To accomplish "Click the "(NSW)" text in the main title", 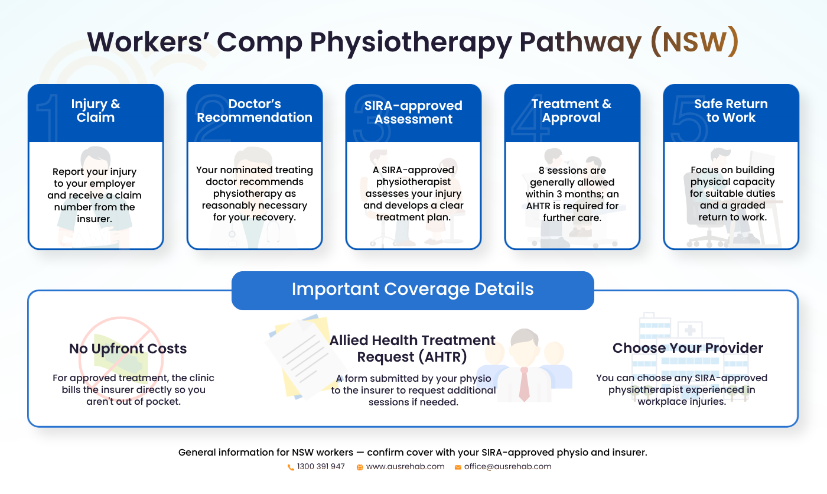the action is (694, 42).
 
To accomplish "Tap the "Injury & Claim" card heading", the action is (96, 110).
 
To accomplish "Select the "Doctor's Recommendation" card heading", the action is (255, 110).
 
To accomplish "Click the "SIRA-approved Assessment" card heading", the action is (413, 112).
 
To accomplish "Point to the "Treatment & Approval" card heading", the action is (572, 110).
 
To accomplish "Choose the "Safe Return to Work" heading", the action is (731, 110).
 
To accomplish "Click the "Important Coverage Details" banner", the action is (413, 291).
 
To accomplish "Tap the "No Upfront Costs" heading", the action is (128, 349).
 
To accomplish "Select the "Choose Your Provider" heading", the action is (688, 348).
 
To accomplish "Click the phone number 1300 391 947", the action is (321, 467).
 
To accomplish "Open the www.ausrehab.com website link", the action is (405, 467).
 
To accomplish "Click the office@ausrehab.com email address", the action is (507, 467).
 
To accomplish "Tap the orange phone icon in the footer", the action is (291, 467).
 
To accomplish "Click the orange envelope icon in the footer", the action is (458, 467).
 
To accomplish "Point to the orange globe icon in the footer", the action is (360, 467).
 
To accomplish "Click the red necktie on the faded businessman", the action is (524, 383).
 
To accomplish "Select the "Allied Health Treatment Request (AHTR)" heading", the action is (412, 349).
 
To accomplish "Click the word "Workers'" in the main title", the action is (148, 42).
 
